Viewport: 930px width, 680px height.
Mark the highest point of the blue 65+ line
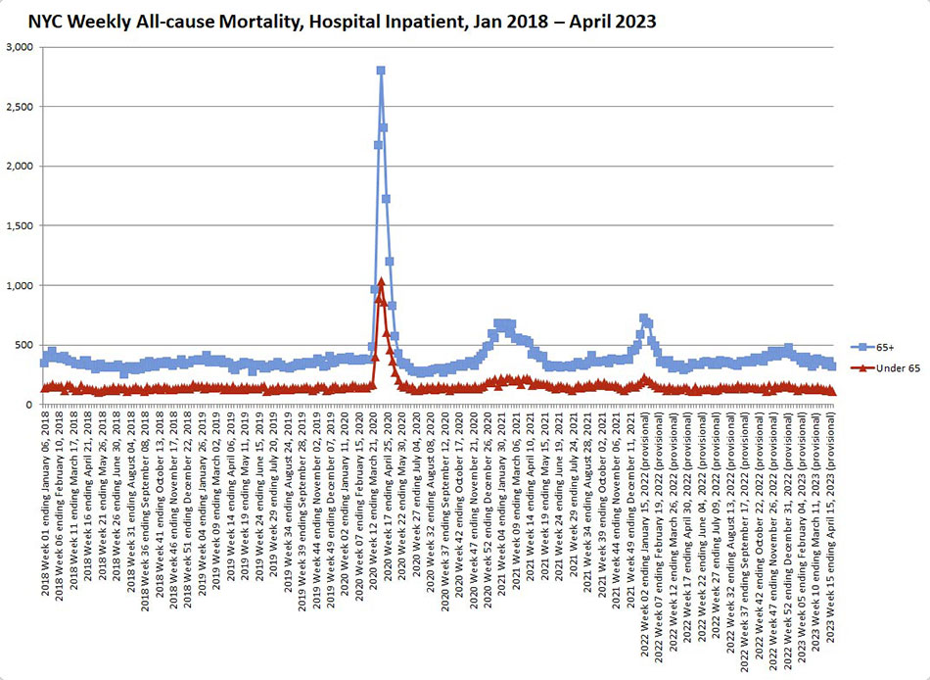click(380, 71)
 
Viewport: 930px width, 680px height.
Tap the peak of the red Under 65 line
click(380, 281)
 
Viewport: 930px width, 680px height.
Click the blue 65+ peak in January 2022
click(643, 317)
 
